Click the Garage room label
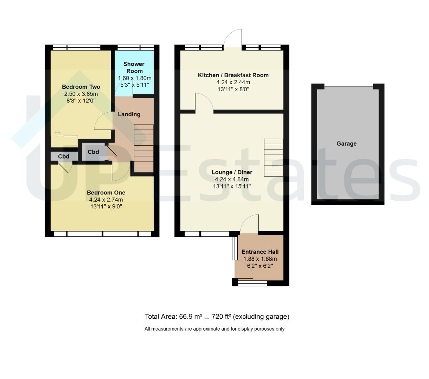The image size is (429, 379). [346, 144]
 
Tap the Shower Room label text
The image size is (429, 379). [134, 67]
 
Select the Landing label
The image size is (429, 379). [129, 114]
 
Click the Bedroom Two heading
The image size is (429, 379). [81, 87]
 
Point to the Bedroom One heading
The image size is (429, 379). [106, 193]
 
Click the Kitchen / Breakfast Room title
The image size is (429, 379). [233, 75]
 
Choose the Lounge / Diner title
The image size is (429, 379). [232, 172]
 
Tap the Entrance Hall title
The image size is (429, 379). [260, 252]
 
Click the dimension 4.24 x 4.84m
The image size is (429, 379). [232, 179]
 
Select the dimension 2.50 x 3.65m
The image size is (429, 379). [81, 94]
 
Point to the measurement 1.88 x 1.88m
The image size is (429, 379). [260, 259]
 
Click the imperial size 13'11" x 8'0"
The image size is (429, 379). [233, 89]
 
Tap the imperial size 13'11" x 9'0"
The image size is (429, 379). [106, 206]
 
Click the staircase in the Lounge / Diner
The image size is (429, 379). [273, 158]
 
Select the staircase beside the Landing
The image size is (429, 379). [143, 148]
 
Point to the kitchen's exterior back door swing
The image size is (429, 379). [233, 38]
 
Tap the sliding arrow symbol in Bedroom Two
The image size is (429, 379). [57, 133]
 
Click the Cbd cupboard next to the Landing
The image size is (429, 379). [94, 152]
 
